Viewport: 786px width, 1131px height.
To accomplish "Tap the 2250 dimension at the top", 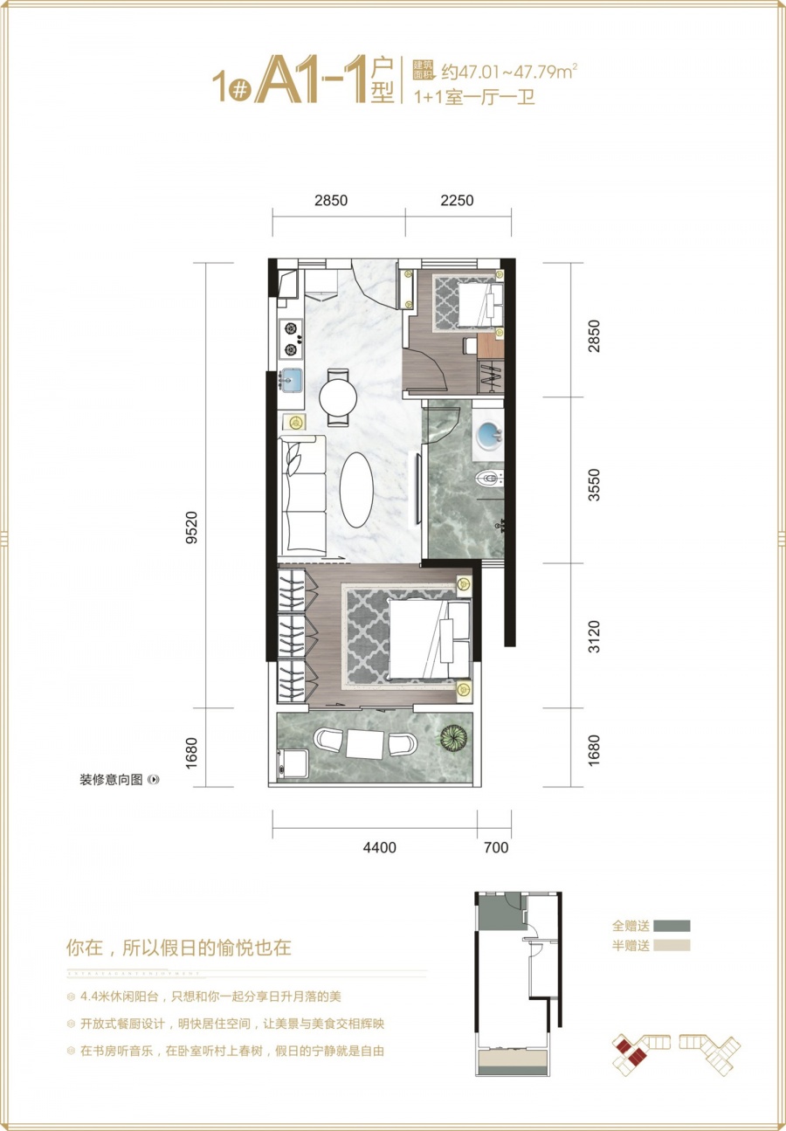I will (x=457, y=200).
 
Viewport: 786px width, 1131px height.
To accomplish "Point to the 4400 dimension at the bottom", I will (x=379, y=846).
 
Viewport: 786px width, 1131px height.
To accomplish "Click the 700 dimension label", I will (x=494, y=846).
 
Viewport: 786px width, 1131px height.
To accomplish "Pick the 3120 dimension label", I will (x=595, y=636).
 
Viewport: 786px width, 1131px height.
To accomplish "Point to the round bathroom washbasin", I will (x=488, y=436).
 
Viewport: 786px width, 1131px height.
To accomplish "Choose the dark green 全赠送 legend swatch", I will (x=670, y=926).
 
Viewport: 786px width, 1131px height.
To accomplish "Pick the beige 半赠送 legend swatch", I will (x=670, y=945).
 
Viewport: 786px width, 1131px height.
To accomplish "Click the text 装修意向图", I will (x=110, y=780).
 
